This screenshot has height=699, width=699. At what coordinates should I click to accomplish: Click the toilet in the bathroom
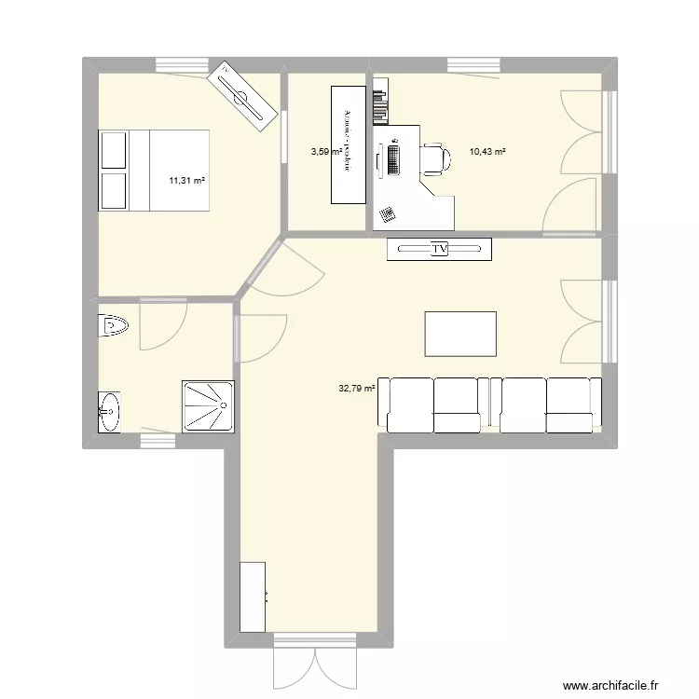pos(112,326)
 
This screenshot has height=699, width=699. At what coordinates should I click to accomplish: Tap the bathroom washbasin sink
pos(109,411)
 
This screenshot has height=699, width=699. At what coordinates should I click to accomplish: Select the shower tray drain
pos(223,405)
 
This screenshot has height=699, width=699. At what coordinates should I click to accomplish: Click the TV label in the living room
pos(439,249)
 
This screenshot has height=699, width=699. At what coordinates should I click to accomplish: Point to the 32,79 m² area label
pos(356,389)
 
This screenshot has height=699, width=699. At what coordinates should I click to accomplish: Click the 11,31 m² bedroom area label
pos(186,181)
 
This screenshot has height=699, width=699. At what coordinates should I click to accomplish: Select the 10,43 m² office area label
pos(487,151)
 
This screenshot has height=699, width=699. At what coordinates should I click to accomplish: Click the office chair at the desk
pos(435,158)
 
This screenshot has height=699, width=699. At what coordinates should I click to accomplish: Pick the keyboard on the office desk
pos(393,158)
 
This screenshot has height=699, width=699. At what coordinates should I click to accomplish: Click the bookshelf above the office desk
pos(379,106)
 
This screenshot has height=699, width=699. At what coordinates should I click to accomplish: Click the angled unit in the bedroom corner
pos(241,93)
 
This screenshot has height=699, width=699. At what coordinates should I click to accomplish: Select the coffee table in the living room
pos(460,334)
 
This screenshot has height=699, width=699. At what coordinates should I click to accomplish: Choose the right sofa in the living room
pos(547,405)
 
